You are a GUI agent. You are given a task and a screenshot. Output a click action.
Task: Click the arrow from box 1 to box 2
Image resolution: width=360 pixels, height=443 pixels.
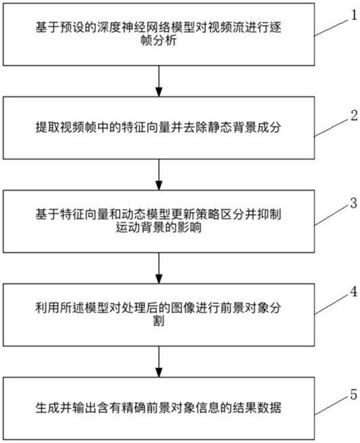[x=158, y=80]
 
